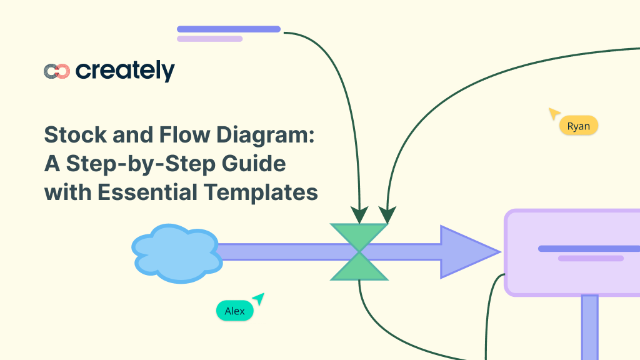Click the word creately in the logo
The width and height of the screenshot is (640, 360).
(x=125, y=71)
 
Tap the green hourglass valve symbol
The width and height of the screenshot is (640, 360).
(x=359, y=252)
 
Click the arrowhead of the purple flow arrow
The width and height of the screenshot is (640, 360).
(x=466, y=252)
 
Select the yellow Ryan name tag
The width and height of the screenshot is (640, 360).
(x=579, y=126)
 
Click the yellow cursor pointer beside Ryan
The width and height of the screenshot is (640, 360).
(x=554, y=113)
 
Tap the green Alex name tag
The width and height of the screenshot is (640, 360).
(x=235, y=311)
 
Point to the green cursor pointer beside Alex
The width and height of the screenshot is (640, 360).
(x=258, y=299)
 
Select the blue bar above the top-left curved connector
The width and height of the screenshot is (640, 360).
(x=228, y=29)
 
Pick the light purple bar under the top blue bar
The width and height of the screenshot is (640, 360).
(x=209, y=39)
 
